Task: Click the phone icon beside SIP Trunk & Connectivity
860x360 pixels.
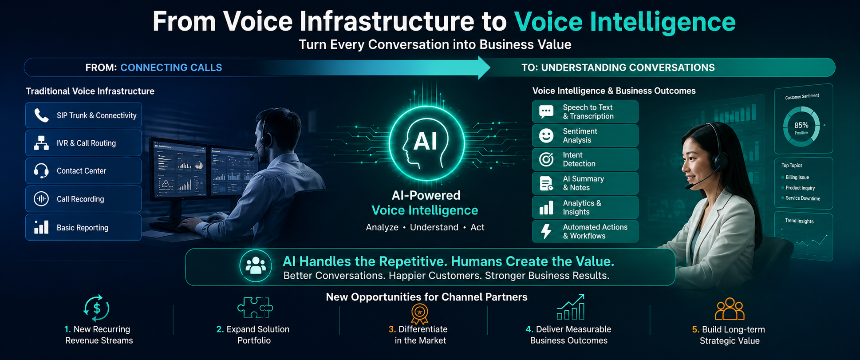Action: pos(41,115)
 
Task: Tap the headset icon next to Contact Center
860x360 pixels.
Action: pos(41,171)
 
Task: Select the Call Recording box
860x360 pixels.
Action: pos(83,199)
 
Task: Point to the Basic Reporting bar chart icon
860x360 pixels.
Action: pos(41,227)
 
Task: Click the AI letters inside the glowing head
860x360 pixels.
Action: pos(425,141)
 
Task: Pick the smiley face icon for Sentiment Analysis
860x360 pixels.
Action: pos(546,135)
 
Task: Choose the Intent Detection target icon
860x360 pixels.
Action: pos(546,159)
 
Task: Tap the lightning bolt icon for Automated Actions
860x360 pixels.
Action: pos(546,231)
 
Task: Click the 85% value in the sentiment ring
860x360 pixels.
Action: pos(801,125)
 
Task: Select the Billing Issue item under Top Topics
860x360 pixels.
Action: pos(797,177)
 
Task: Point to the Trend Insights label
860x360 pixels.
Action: pos(799,221)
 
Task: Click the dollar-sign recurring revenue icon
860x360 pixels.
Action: pos(96,308)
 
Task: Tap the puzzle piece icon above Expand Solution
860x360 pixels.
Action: pos(255,307)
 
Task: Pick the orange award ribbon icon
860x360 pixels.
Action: pos(419,313)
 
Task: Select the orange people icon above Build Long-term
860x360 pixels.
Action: pos(730,309)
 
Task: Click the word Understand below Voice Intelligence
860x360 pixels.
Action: pos(434,227)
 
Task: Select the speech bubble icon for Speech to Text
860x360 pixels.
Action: pos(546,111)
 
